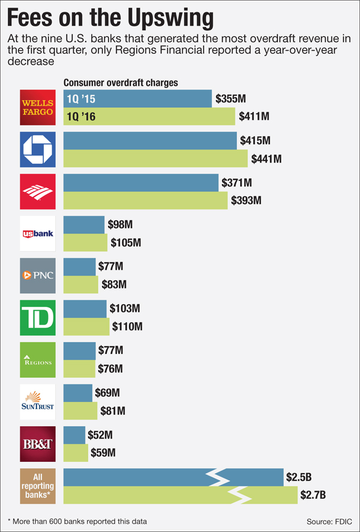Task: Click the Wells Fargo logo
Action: [x=38, y=107]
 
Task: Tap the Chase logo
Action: [x=38, y=149]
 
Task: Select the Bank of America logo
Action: [x=38, y=191]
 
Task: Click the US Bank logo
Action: [x=38, y=233]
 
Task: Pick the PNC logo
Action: [x=38, y=275]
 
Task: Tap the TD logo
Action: [x=38, y=317]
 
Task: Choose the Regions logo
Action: [x=38, y=359]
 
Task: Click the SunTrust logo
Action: [x=38, y=401]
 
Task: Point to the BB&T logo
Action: [x=38, y=443]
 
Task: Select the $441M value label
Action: [x=266, y=159]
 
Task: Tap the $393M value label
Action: [x=246, y=201]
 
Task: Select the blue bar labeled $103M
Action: [x=85, y=309]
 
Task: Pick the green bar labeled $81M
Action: [x=80, y=411]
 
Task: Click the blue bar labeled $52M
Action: [x=74, y=434]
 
